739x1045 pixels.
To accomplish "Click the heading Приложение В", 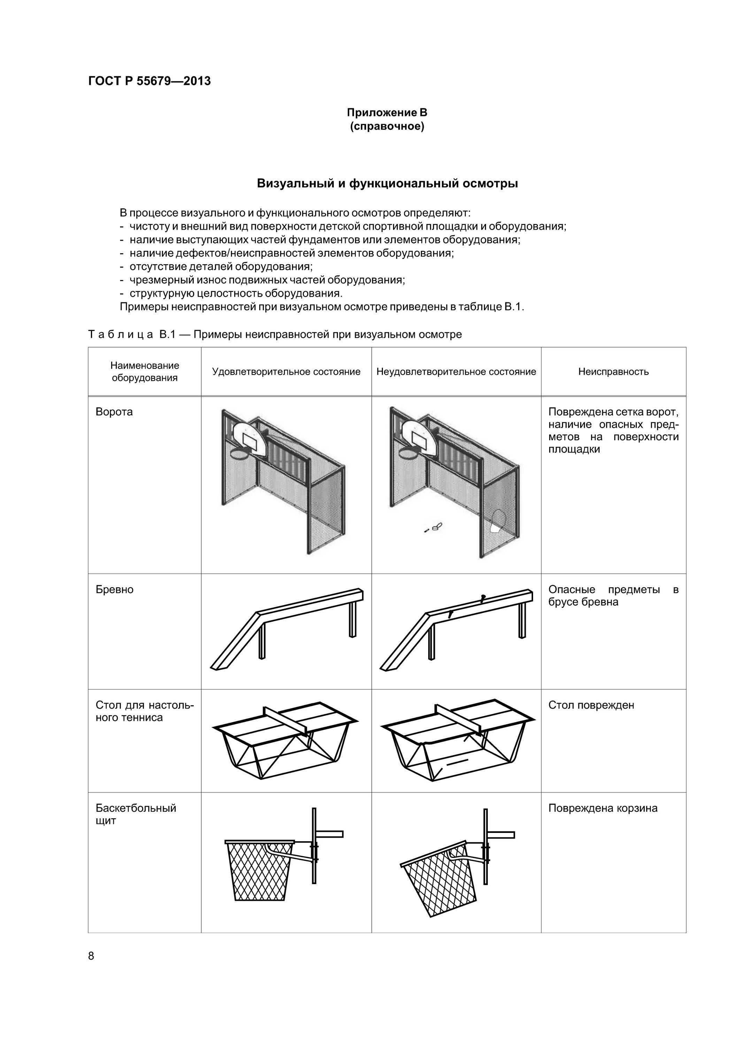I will (387, 113).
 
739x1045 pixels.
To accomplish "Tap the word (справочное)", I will (387, 126).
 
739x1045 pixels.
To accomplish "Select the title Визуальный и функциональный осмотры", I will (387, 184).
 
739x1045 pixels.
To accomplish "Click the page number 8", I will (91, 956).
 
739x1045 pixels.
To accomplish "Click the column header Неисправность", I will (613, 371).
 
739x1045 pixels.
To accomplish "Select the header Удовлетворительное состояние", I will (286, 371).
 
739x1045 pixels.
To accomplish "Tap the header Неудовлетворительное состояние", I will (456, 371).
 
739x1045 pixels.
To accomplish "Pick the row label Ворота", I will (114, 412).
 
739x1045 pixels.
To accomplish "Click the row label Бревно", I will (114, 589).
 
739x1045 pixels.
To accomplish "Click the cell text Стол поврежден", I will (591, 705).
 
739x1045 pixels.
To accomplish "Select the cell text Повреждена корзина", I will (602, 808).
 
